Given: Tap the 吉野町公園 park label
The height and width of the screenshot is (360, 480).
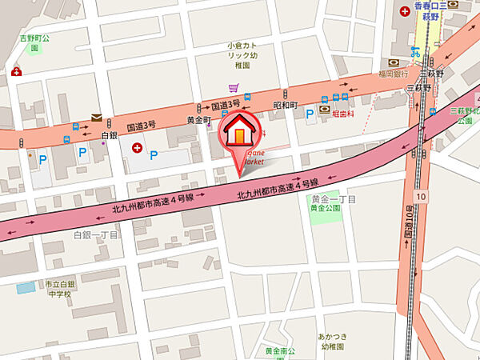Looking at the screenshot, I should pos(34,42).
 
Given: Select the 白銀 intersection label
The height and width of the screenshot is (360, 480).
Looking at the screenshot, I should pos(110,136).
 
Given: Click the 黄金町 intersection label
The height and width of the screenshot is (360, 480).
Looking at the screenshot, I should pos(198,119).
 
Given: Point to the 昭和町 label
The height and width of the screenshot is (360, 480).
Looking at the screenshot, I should pos(286,106).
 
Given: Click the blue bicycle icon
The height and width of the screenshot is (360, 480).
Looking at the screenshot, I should pos(415,52).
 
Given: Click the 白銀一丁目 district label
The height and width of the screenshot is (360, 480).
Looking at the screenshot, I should pos(95,235).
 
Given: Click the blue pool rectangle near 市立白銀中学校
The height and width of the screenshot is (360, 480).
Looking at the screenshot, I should pos(26,286).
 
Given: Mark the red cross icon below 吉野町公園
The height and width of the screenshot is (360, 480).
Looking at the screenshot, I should pos(16,71).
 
